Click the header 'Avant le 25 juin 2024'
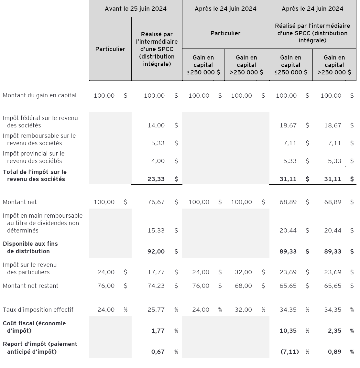pyautogui.click(x=136, y=9)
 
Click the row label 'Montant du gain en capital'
pyautogui.click(x=40, y=95)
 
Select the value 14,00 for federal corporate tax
pyautogui.click(x=156, y=125)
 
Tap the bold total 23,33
pyautogui.click(x=156, y=179)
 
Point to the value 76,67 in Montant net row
pyautogui.click(x=156, y=202)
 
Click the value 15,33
pyautogui.click(x=156, y=231)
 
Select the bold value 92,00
pyautogui.click(x=156, y=251)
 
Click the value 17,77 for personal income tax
pyautogui.click(x=156, y=272)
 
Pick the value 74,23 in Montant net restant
pyautogui.click(x=156, y=286)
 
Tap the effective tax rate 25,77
pyautogui.click(x=156, y=310)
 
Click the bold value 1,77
pyautogui.click(x=158, y=331)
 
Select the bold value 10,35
pyautogui.click(x=288, y=331)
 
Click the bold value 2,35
pyautogui.click(x=334, y=331)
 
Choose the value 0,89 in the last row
pyautogui.click(x=334, y=352)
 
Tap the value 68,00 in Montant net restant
pyautogui.click(x=242, y=286)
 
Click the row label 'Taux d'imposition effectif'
pyautogui.click(x=38, y=310)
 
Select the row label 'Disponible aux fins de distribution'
pyautogui.click(x=30, y=247)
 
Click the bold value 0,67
pyautogui.click(x=158, y=352)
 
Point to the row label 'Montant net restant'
pyautogui.click(x=31, y=286)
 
